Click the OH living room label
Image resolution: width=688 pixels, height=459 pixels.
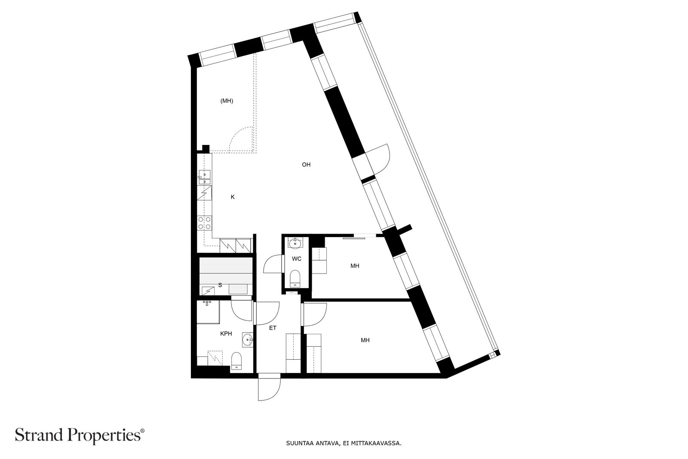[306, 165]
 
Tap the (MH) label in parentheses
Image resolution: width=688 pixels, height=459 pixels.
[227, 101]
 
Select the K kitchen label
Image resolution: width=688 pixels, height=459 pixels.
[233, 197]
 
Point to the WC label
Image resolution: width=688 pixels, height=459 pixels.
[296, 259]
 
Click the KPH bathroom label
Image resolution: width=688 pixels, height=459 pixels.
[226, 334]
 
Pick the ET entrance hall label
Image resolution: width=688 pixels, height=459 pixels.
[273, 328]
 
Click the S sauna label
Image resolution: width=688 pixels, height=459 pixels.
[220, 285]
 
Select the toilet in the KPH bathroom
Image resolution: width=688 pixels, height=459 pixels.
[236, 360]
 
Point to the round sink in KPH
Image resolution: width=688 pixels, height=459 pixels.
[247, 339]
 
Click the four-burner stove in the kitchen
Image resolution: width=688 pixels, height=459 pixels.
[205, 223]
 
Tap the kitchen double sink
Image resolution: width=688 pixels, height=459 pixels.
[204, 177]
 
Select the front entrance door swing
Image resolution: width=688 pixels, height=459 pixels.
[269, 387]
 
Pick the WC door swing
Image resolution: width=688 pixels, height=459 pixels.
[273, 264]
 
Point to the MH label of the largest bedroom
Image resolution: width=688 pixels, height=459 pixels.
[365, 340]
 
